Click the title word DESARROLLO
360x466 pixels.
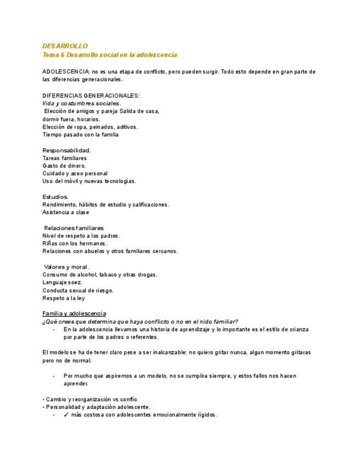[65, 46]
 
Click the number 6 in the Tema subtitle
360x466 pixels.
[63, 55]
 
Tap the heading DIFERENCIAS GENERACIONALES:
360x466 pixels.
[91, 95]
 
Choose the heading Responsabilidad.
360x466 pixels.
[67, 150]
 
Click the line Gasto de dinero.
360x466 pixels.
[64, 165]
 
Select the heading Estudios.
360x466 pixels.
[56, 196]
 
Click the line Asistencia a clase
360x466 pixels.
[65, 212]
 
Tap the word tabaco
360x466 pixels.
[108, 274]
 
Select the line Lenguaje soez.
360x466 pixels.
[62, 282]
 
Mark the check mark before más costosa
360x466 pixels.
[65, 415]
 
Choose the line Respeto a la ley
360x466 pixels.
[63, 298]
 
